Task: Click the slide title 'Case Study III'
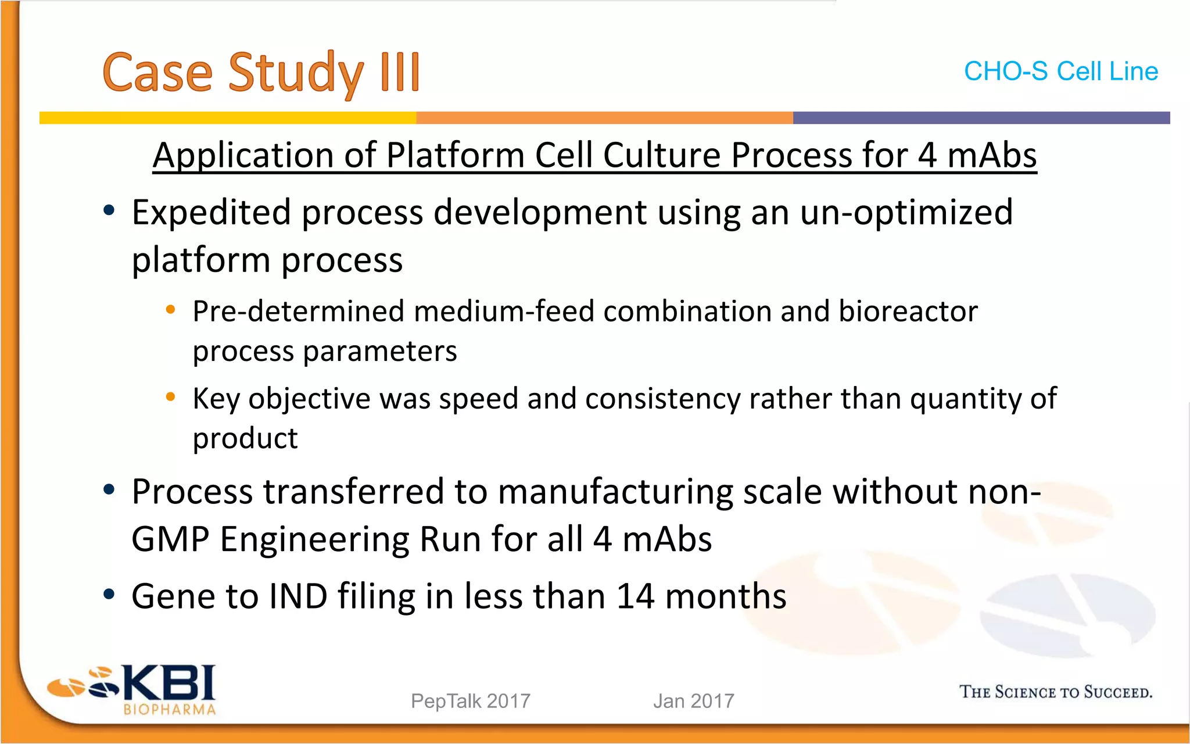pyautogui.click(x=261, y=73)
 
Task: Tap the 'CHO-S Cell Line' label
pyautogui.click(x=1060, y=71)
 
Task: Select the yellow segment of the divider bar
pyautogui.click(x=228, y=118)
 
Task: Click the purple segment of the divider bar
pyautogui.click(x=981, y=118)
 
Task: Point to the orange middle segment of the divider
pyautogui.click(x=604, y=118)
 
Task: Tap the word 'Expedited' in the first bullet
pyautogui.click(x=211, y=213)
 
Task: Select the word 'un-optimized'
pyautogui.click(x=906, y=213)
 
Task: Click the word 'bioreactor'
pyautogui.click(x=908, y=312)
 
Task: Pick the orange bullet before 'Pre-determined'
pyautogui.click(x=170, y=310)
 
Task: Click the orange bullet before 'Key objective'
pyautogui.click(x=170, y=397)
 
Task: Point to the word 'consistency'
pyautogui.click(x=662, y=399)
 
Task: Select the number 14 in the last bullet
pyautogui.click(x=635, y=596)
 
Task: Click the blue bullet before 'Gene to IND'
pyautogui.click(x=109, y=595)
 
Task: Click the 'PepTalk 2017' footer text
pyautogui.click(x=470, y=701)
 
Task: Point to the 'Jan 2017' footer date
pyautogui.click(x=693, y=701)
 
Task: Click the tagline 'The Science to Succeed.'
pyautogui.click(x=1055, y=692)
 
